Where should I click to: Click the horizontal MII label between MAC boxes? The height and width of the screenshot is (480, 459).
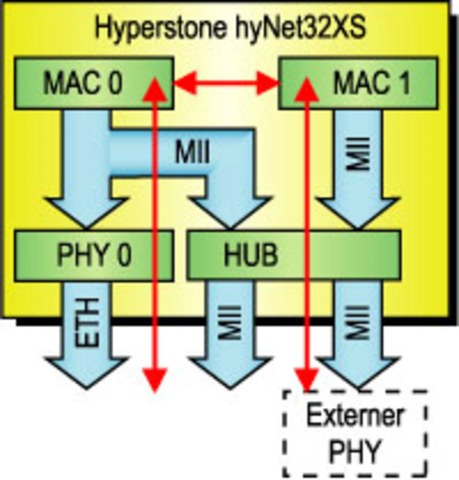[192, 152]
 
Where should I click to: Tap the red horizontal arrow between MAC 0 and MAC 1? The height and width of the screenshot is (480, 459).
[226, 84]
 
